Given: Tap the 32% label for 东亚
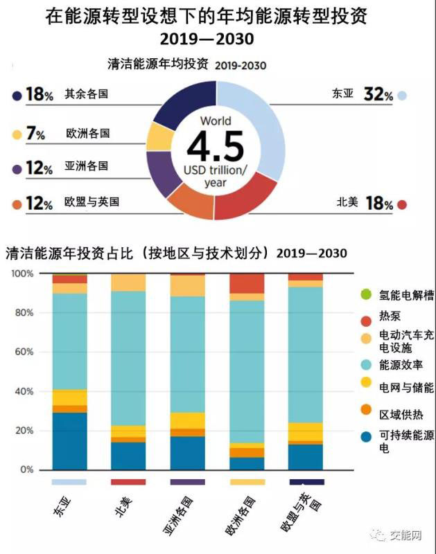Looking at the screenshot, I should point(378,94).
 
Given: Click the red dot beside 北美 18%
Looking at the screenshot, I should point(402,205).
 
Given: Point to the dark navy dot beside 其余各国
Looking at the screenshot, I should point(16,95).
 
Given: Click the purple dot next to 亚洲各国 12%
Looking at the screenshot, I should point(16,169).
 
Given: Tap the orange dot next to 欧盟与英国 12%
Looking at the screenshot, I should point(16,204).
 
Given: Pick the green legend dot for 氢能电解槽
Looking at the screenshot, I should point(366,295).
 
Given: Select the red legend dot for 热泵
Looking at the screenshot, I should point(366,320).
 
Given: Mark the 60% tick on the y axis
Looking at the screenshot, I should point(25,352).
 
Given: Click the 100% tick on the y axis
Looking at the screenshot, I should point(23,274).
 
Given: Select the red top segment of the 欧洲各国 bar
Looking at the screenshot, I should point(247,283).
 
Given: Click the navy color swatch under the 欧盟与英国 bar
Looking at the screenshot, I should point(306,481).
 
